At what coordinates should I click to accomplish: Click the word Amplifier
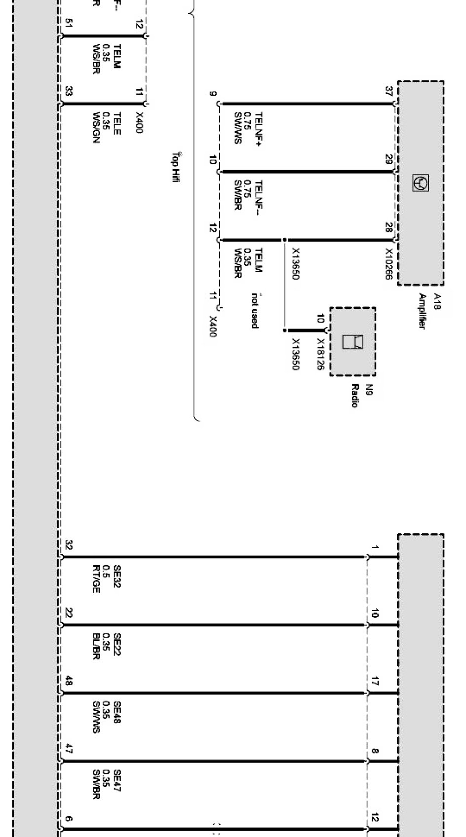tap(422, 311)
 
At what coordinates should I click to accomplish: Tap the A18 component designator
tap(436, 301)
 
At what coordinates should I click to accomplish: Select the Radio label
tap(354, 396)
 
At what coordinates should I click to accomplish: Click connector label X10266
tap(388, 264)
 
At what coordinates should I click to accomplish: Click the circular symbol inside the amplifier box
tap(421, 183)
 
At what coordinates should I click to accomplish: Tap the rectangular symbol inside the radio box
tap(352, 341)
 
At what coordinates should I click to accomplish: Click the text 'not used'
tap(255, 311)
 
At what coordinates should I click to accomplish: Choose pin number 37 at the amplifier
tap(388, 91)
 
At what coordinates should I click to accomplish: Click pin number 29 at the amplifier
tap(388, 160)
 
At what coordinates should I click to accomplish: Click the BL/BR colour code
tap(96, 647)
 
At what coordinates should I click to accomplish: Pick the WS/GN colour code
tap(96, 128)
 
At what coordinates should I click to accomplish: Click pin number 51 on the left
tap(69, 24)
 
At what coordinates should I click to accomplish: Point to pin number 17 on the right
tap(375, 682)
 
